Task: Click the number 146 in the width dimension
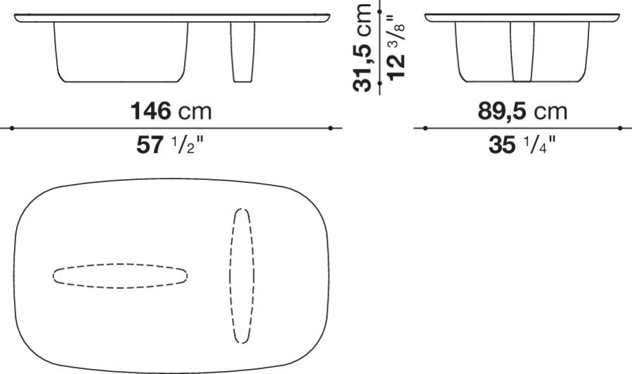tap(151, 111)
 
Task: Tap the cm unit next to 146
tap(195, 111)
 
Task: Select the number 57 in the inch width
tap(150, 146)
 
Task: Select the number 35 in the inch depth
tap(501, 146)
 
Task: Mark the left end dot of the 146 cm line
tap(12, 128)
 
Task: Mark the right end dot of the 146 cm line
tap(330, 128)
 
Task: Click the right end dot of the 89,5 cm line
tap(620, 128)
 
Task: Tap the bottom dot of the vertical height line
tap(379, 83)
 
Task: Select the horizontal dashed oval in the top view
tap(120, 276)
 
